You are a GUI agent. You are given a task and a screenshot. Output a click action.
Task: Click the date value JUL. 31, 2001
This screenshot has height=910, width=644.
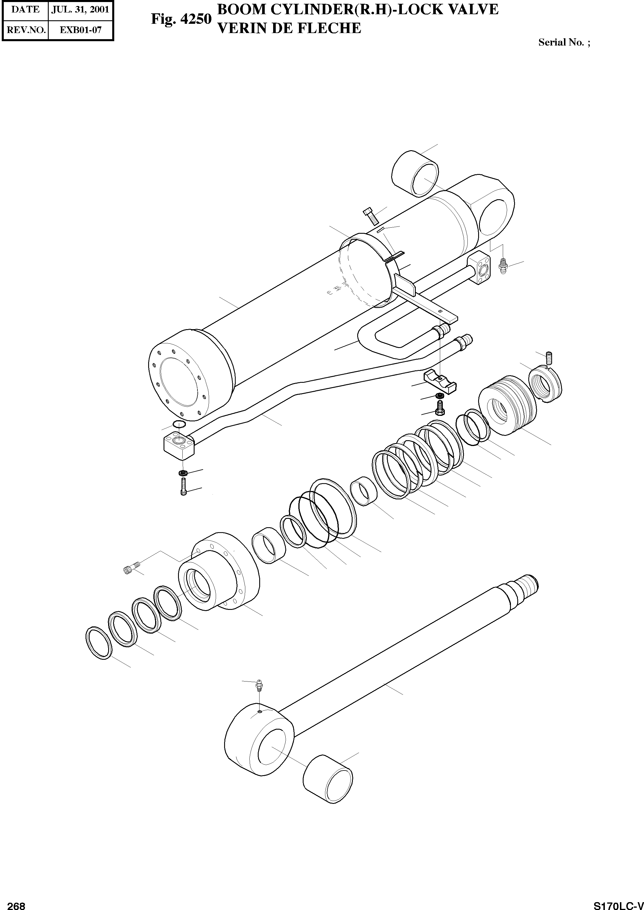click(x=81, y=10)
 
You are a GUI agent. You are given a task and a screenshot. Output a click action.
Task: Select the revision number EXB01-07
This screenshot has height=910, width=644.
click(x=81, y=30)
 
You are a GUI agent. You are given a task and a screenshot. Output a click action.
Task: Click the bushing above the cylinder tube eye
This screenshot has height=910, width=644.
click(x=415, y=173)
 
